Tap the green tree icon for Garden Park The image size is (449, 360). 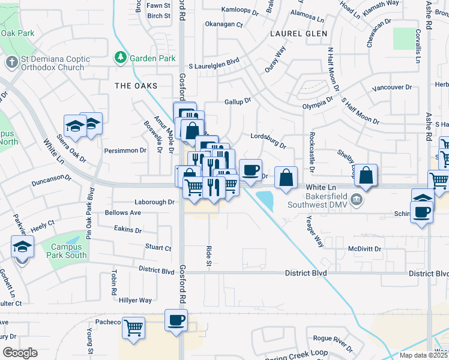(121, 58)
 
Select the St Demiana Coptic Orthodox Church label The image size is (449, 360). (55, 63)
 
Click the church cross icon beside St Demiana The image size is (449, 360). (11, 62)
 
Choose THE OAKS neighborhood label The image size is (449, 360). (136, 86)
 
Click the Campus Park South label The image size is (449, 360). (69, 251)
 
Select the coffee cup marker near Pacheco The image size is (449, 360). (176, 320)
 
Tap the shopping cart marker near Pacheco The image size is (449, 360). (133, 328)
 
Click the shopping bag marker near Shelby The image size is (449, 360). (366, 175)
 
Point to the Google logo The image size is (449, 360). (20, 352)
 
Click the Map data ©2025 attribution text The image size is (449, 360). (423, 355)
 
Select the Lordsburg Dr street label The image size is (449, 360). (268, 140)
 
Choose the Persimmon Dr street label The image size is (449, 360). (125, 150)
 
